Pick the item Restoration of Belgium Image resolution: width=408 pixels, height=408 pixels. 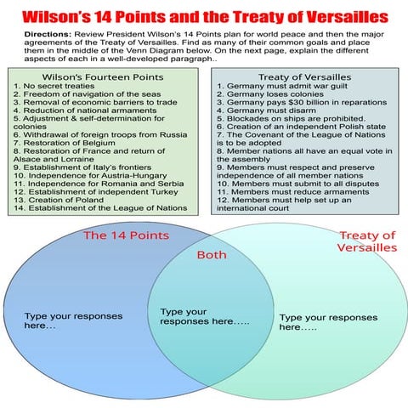(65, 142)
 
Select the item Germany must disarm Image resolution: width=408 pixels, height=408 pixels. (271, 114)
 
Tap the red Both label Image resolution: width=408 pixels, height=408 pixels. (212, 255)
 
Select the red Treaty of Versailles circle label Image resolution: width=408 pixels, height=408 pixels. (366, 241)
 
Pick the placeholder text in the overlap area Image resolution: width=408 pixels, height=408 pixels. (205, 317)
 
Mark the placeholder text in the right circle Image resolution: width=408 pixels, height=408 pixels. (328, 322)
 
